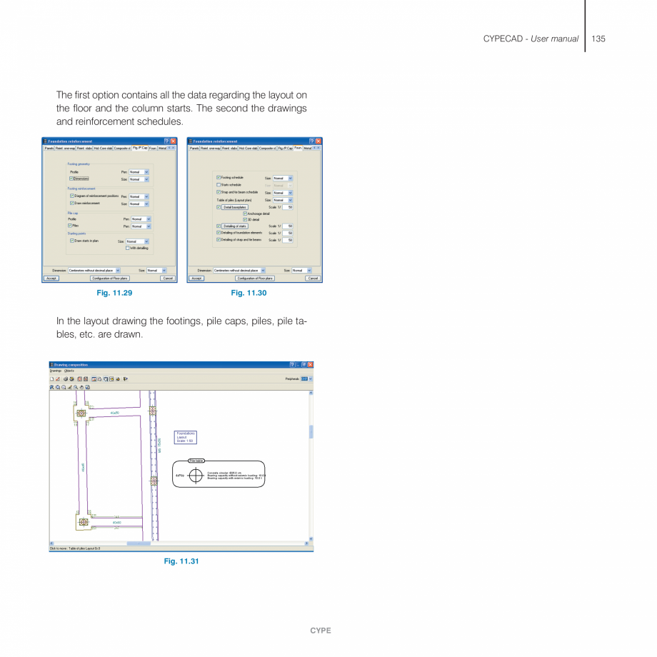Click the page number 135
pyautogui.click(x=598, y=39)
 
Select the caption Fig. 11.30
pyautogui.click(x=249, y=293)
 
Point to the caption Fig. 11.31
pyautogui.click(x=181, y=561)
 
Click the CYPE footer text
pyautogui.click(x=320, y=631)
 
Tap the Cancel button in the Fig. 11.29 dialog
pyautogui.click(x=167, y=279)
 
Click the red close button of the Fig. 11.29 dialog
pyautogui.click(x=173, y=141)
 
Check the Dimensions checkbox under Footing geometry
pyautogui.click(x=72, y=179)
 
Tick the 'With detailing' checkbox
pyautogui.click(x=127, y=248)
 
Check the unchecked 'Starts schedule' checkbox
pyautogui.click(x=219, y=184)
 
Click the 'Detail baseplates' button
pyautogui.click(x=235, y=207)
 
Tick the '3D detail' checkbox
pyautogui.click(x=245, y=219)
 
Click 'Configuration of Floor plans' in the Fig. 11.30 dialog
pyautogui.click(x=254, y=279)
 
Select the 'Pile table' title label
pyautogui.click(x=196, y=461)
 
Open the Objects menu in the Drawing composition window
pyautogui.click(x=69, y=371)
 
